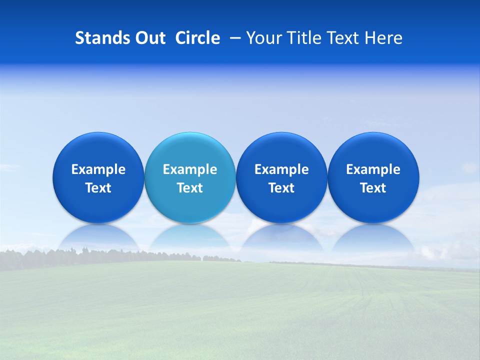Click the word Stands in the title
click(99, 38)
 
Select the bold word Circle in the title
click(197, 38)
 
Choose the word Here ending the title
click(384, 38)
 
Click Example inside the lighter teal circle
click(190, 169)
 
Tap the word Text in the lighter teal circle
click(190, 188)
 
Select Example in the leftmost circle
click(98, 169)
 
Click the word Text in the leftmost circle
click(98, 188)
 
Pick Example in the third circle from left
click(281, 169)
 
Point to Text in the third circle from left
click(281, 188)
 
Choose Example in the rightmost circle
click(373, 169)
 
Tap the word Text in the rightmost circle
click(373, 188)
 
